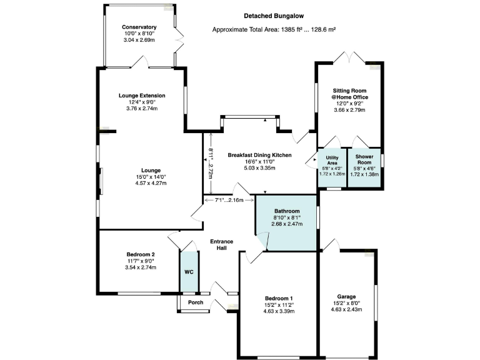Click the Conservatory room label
coord(139,27)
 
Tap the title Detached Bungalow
coord(274,16)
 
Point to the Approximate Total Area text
coord(274,30)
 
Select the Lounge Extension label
coord(142,96)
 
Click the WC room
coord(189,272)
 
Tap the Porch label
coord(196,302)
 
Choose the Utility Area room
coord(332,167)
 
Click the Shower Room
coord(364,167)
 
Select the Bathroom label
coord(287,211)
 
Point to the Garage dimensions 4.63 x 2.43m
coord(346,309)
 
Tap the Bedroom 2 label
coord(141,254)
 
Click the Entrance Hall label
coord(222,244)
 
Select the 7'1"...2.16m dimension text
coord(229,200)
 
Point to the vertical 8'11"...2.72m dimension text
coord(211,163)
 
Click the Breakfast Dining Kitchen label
coord(259,155)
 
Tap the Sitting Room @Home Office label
coord(349,94)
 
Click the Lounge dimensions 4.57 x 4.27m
coord(151,183)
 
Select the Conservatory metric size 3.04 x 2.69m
coord(139,40)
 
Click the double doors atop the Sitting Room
coord(349,57)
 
